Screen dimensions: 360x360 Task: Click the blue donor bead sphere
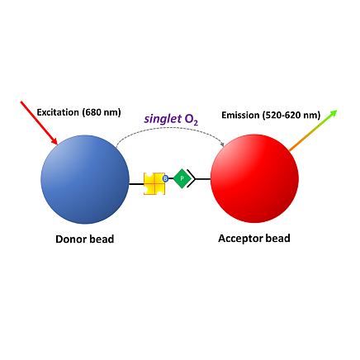click(x=85, y=179)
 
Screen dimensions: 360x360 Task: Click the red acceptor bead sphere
click(x=254, y=178)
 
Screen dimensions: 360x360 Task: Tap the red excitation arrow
click(x=39, y=123)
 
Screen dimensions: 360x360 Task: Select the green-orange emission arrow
click(x=313, y=130)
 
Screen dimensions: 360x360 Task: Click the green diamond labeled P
click(x=182, y=178)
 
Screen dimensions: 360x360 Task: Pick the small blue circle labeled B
click(x=165, y=178)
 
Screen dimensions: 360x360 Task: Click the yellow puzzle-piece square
click(x=154, y=183)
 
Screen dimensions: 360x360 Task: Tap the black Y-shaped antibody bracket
click(x=192, y=178)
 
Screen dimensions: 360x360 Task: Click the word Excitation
click(x=58, y=112)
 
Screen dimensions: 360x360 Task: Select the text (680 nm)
click(x=102, y=112)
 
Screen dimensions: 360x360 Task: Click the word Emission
click(x=240, y=115)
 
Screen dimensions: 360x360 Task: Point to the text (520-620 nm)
click(x=291, y=115)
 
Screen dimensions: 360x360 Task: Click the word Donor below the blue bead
click(x=69, y=239)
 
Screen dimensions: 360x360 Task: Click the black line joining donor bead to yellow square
click(x=136, y=184)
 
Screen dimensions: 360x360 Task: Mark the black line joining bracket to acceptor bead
click(x=203, y=179)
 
